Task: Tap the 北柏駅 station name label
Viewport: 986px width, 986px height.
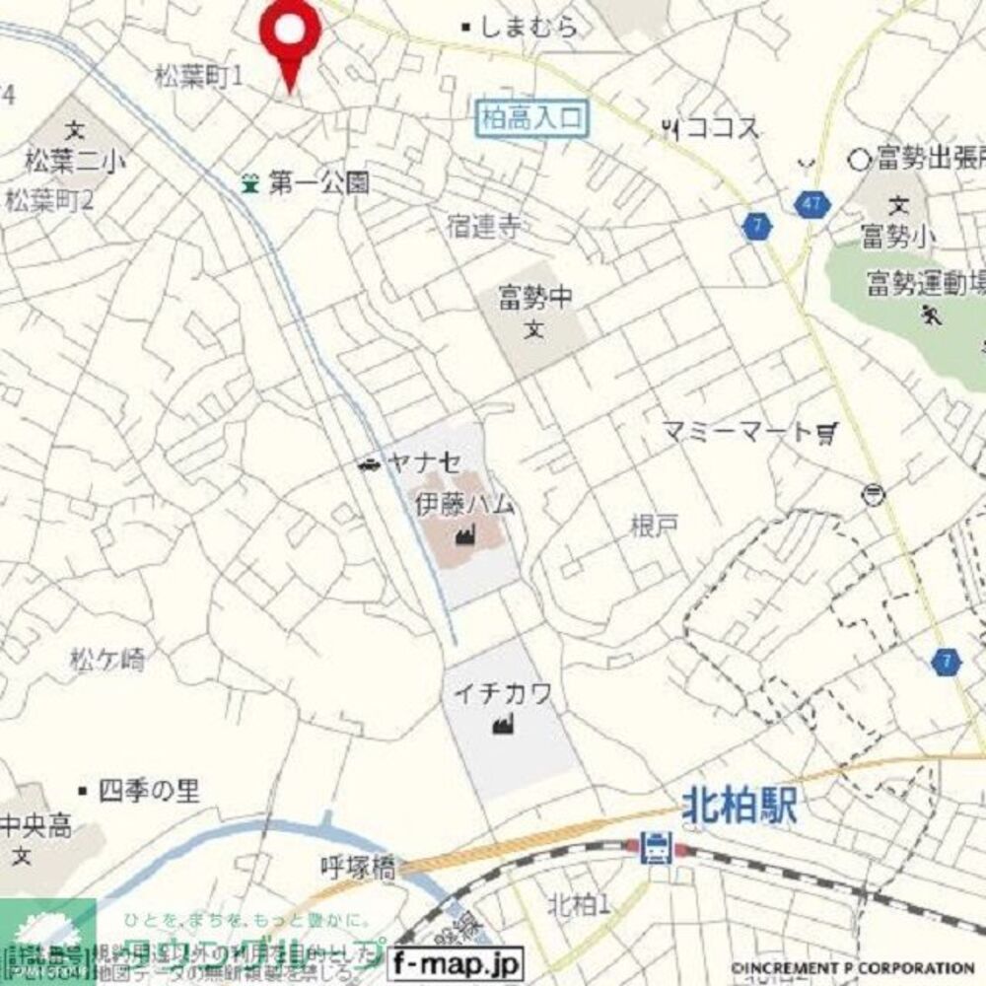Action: pos(740,810)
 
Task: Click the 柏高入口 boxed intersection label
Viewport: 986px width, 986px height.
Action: pos(532,119)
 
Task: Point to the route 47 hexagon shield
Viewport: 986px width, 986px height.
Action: pos(811,204)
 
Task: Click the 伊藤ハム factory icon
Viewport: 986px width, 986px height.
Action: pos(462,536)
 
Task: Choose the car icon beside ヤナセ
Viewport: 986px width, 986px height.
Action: pos(369,464)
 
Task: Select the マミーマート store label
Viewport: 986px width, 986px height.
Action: pos(736,432)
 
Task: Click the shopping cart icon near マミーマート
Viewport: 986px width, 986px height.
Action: pos(827,432)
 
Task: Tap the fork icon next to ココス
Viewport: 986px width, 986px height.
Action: pos(672,127)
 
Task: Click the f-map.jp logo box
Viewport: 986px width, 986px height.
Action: pos(456,961)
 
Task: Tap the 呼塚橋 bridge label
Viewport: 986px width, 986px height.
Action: pos(358,868)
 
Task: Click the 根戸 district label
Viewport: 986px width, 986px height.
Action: pos(655,526)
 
